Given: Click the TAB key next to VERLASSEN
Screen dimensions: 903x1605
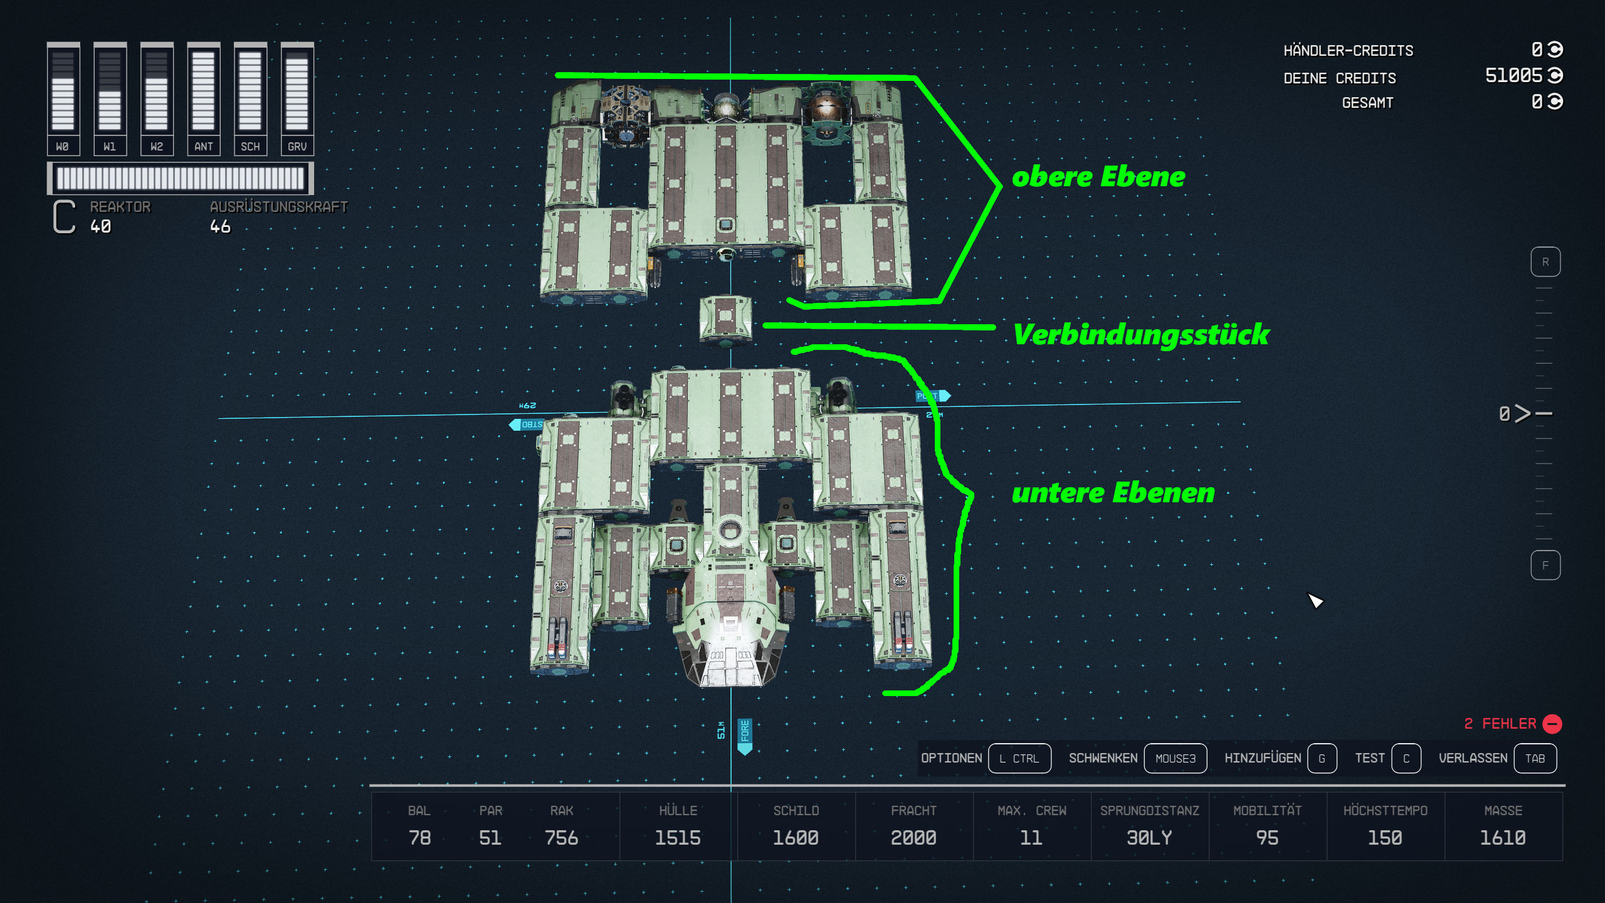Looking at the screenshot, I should click(x=1535, y=758).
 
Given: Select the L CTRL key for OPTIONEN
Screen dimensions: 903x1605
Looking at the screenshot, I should click(x=1019, y=758).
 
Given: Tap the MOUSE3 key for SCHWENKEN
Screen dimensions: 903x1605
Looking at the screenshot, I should click(x=1175, y=758).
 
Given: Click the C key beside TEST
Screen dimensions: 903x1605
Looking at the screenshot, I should click(x=1406, y=758).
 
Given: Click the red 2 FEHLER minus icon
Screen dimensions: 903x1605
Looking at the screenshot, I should click(x=1552, y=724).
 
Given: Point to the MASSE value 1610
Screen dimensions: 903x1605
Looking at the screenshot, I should click(x=1502, y=838).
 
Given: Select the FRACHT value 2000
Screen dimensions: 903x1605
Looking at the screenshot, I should click(x=913, y=838).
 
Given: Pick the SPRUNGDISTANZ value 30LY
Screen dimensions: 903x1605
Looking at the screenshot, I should click(x=1149, y=838).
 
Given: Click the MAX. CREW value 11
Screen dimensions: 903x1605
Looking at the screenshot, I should click(x=1031, y=838).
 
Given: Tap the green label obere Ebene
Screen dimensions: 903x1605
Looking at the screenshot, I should click(x=1098, y=177).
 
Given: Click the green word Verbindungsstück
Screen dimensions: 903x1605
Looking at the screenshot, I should click(x=1141, y=334).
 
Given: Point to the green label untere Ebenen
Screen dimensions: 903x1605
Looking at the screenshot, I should click(x=1113, y=494).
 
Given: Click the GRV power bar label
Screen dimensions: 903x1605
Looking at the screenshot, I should click(x=297, y=146).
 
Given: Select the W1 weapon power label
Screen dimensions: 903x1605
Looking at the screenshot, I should click(x=110, y=146).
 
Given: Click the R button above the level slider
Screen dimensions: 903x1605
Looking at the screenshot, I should click(x=1545, y=262).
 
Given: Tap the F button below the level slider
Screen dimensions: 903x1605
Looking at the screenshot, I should click(x=1545, y=565).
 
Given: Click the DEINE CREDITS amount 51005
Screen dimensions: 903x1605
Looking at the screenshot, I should click(x=1513, y=76).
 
